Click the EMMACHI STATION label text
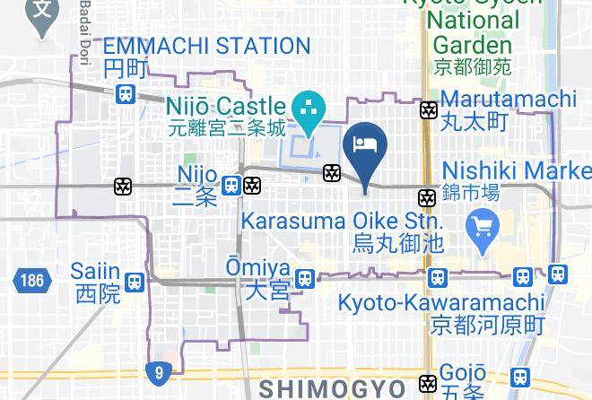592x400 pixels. coord(207,46)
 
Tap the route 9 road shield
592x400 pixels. coord(159,370)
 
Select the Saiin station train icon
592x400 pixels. coord(135,282)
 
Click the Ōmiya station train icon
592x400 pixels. coord(306,279)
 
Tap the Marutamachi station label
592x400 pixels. coord(508,99)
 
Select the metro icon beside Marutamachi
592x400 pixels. coord(430,110)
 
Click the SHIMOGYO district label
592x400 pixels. coord(334,387)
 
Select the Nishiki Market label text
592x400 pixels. coord(516,170)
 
